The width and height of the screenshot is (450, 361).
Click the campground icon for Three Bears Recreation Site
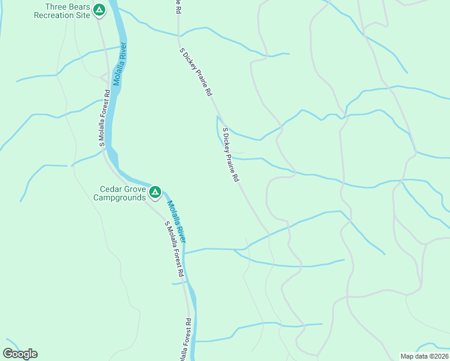(x=100, y=10)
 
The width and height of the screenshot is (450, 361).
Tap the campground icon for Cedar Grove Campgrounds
(x=155, y=193)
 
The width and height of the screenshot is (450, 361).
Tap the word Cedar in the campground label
(x=111, y=189)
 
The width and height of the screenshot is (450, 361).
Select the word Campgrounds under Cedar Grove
(x=123, y=197)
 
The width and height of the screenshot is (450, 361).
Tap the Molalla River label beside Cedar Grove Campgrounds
(x=177, y=222)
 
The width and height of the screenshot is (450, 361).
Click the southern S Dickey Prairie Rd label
(x=230, y=155)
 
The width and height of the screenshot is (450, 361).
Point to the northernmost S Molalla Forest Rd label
(x=104, y=119)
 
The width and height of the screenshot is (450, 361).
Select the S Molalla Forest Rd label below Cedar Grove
(x=174, y=248)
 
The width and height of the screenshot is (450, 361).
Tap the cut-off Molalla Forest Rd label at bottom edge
(x=186, y=340)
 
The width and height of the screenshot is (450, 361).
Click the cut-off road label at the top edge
(x=178, y=6)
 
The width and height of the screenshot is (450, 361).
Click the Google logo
(x=20, y=354)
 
